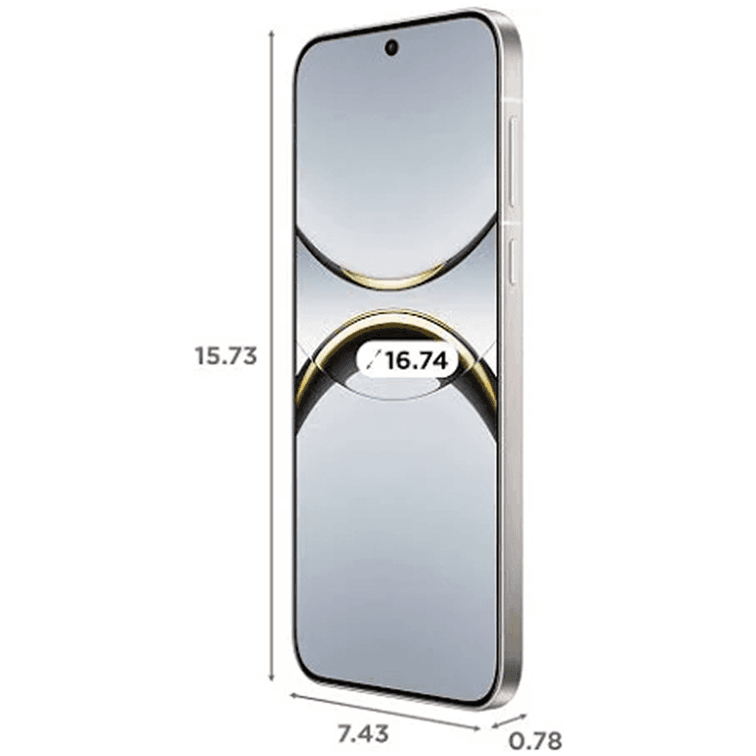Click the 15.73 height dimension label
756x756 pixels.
(x=226, y=356)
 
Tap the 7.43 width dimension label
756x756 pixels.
(x=362, y=734)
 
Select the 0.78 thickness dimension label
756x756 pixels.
(x=536, y=741)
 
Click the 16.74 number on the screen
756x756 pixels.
(x=416, y=361)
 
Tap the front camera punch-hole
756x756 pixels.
(x=392, y=47)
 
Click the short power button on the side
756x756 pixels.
(x=512, y=261)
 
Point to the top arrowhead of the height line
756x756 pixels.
(x=271, y=34)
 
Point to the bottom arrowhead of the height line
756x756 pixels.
(x=271, y=677)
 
